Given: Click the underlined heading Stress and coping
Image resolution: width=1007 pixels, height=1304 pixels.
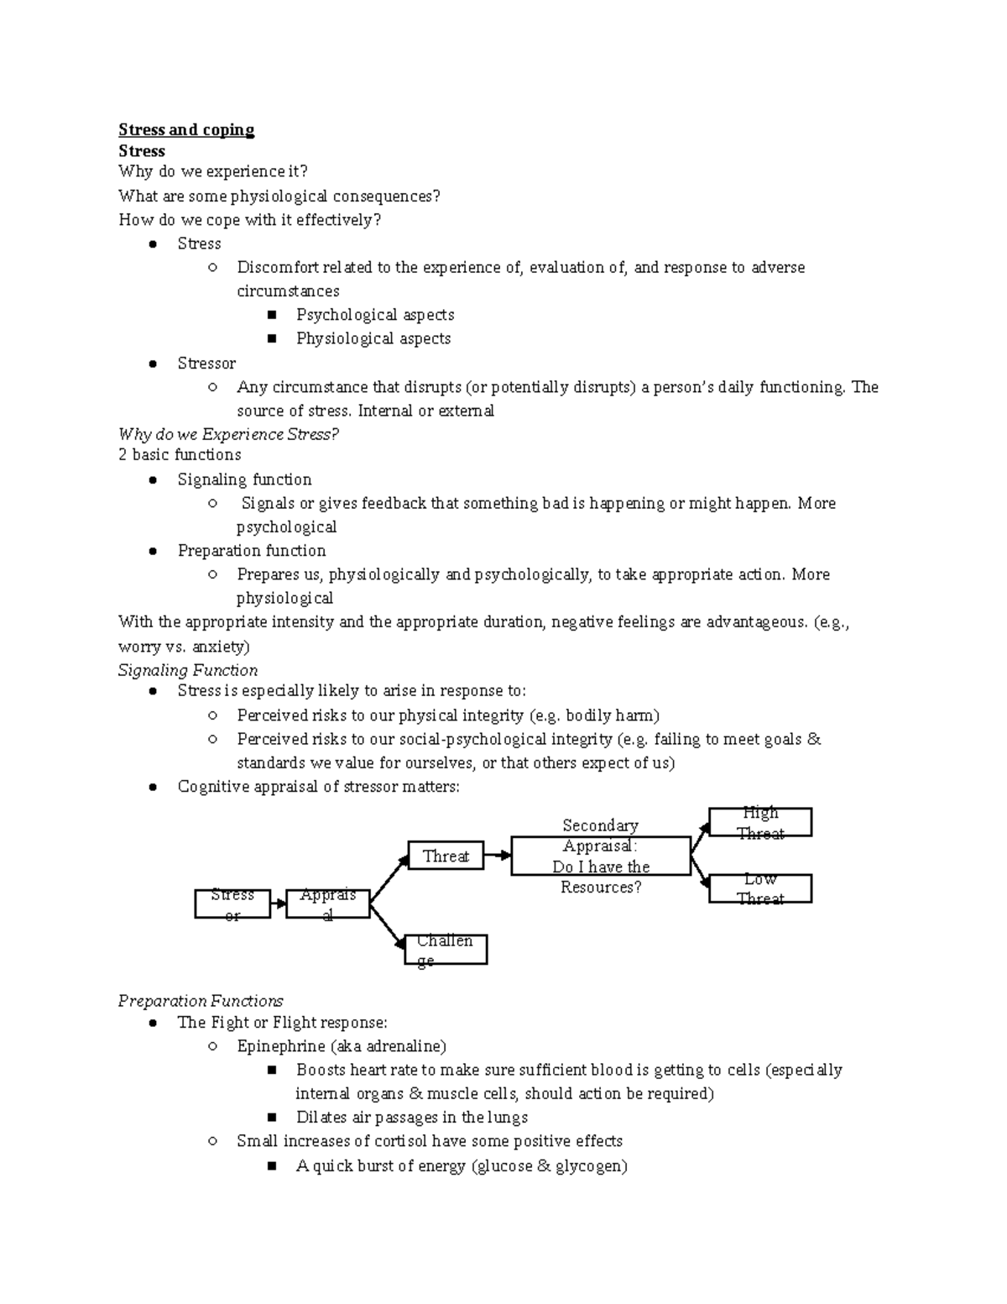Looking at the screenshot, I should point(186,129).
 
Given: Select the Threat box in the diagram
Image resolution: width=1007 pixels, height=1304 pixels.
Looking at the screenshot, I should point(446,856).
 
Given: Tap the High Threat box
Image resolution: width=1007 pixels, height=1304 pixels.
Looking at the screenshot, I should point(760,822).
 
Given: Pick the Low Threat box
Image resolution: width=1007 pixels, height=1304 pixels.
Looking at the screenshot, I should point(760,888).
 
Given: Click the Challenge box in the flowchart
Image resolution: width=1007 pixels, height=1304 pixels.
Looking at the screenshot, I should point(446,950).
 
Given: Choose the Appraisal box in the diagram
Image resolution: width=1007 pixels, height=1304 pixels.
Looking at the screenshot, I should point(327,903).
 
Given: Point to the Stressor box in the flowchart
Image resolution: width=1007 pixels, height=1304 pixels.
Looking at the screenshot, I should point(232,903).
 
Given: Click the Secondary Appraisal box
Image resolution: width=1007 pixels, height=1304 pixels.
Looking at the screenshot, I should point(601,856).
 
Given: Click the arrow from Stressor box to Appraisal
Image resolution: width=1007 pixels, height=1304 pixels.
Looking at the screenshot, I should point(279,904).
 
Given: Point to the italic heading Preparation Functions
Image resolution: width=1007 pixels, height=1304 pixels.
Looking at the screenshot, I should point(201,1001).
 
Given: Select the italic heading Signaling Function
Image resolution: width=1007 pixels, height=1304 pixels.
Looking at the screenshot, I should point(188,670).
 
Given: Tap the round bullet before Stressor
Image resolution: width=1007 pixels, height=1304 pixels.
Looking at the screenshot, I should point(153,364).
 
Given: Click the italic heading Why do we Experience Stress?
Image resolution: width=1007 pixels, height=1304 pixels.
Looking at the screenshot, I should point(228,434).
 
